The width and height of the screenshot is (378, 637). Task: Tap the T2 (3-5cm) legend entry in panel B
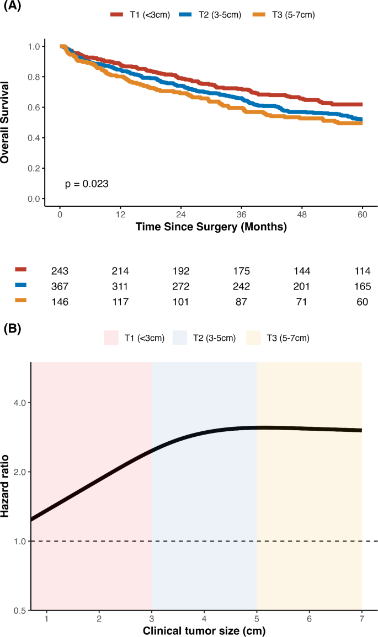[x=204, y=338]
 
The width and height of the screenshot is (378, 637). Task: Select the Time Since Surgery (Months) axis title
[x=211, y=227]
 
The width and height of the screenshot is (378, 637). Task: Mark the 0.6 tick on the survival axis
[x=34, y=107]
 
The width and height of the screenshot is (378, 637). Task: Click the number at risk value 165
[x=363, y=287]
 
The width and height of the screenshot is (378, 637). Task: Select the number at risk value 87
[x=242, y=302]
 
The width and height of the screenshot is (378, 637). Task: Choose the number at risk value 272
[x=181, y=287]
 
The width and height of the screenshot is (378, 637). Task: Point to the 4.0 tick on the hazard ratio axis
[x=20, y=403]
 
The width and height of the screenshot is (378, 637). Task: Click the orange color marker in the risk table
[x=21, y=301]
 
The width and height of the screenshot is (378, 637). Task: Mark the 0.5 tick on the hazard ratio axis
[x=20, y=611]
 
